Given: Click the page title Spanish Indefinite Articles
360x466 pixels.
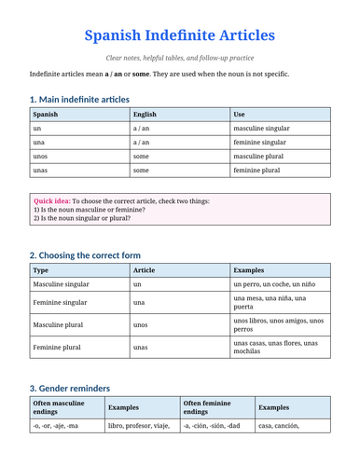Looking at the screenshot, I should [180, 35].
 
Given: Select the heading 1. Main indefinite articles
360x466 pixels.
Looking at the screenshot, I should [79, 100].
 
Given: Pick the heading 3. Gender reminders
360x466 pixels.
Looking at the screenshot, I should [70, 388].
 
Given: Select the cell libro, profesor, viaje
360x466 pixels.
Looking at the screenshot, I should [139, 427].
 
